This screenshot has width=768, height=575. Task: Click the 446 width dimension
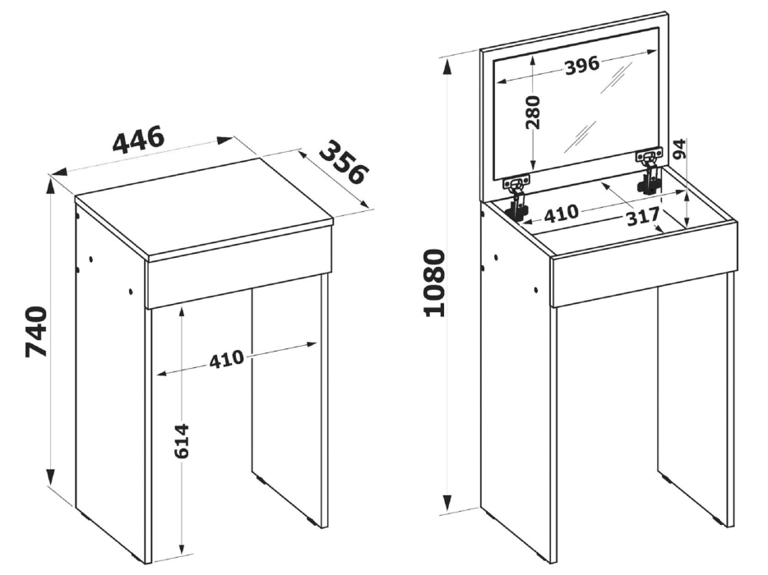tap(138, 140)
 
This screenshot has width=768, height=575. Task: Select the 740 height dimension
tap(37, 333)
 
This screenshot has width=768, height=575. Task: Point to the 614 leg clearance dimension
tap(182, 441)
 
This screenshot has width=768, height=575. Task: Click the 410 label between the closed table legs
tap(226, 359)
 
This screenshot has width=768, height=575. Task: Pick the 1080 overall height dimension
tap(435, 283)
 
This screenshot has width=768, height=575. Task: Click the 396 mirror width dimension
tap(582, 65)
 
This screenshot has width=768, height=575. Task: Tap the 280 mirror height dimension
tap(532, 113)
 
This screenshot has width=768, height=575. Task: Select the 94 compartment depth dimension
tap(680, 149)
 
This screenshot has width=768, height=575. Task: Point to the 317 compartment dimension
tap(644, 218)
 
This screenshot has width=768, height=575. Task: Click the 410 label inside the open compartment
tap(562, 214)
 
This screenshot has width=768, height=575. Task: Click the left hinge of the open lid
tap(516, 196)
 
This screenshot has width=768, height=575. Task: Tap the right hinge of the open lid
tap(649, 171)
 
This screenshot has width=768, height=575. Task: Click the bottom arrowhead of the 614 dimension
tap(182, 546)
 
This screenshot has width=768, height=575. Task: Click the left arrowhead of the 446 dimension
tap(58, 172)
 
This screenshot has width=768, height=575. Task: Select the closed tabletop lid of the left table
tap(205, 206)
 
